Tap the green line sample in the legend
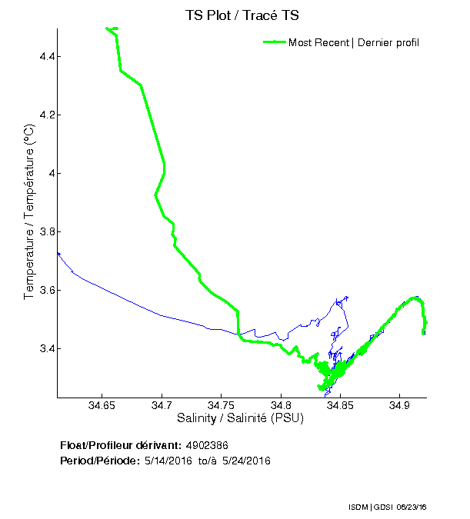coord(274,42)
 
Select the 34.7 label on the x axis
coord(162,407)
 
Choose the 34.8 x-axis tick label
coord(281,407)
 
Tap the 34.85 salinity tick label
coord(340,407)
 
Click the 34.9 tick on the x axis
coord(399,407)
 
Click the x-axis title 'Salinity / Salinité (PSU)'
coord(240,419)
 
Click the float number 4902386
coord(207,446)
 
